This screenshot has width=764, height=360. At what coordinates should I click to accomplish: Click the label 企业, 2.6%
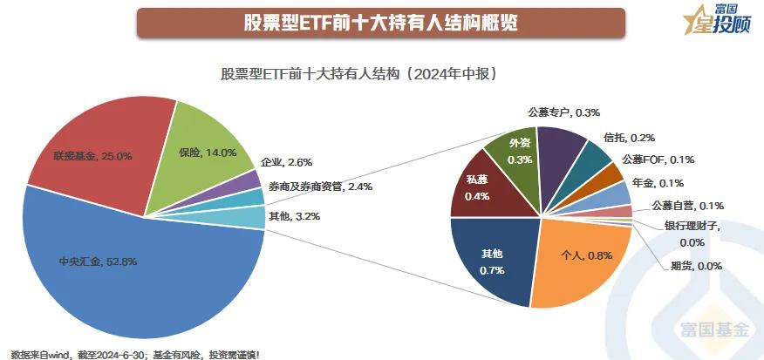[x=286, y=162]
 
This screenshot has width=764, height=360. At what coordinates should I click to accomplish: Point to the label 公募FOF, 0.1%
[x=658, y=160]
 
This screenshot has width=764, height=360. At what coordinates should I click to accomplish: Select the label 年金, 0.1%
[x=658, y=183]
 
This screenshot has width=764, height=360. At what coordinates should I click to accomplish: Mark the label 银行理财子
[x=693, y=228]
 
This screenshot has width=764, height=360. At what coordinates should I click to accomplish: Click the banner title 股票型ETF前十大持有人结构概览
[x=380, y=23]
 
